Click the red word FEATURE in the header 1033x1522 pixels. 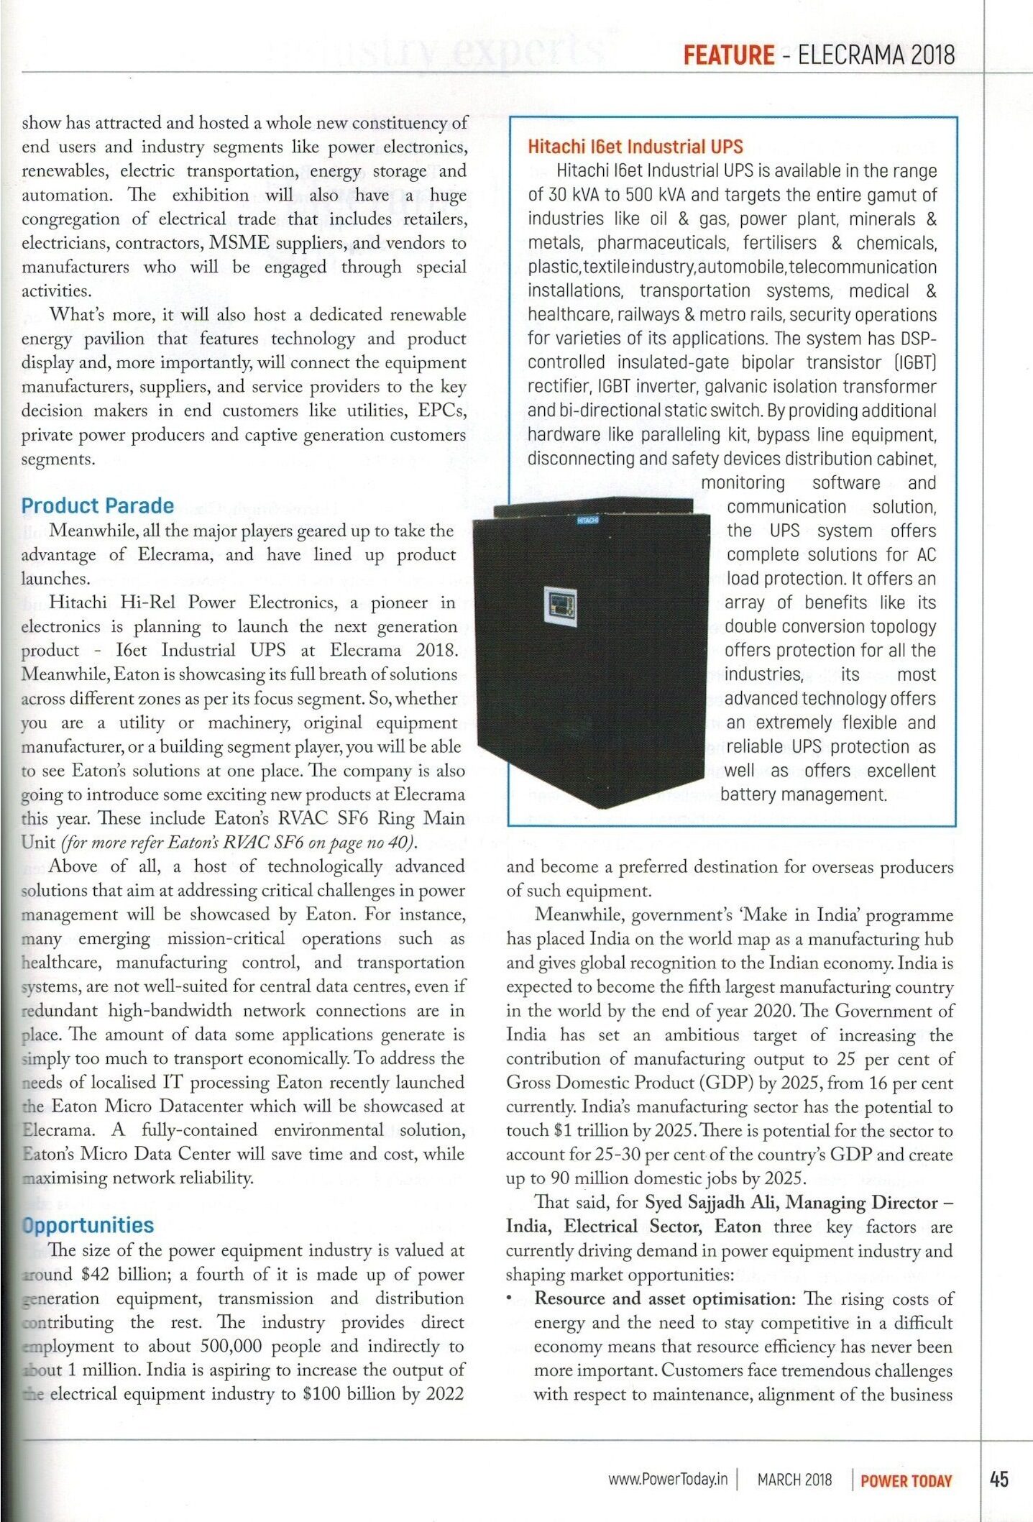(x=728, y=55)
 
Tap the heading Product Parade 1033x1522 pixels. (x=98, y=505)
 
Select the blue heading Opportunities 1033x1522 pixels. (x=88, y=1225)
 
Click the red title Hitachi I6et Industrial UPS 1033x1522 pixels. (x=635, y=147)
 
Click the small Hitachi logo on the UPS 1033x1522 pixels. (x=588, y=519)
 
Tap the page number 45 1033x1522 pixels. (x=998, y=1479)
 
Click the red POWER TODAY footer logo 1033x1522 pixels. (x=906, y=1480)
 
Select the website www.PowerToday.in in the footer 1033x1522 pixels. (x=667, y=1479)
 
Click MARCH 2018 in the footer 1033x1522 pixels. (x=794, y=1480)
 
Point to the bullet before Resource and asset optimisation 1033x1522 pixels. (x=509, y=1299)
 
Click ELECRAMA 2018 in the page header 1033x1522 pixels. (x=876, y=55)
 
